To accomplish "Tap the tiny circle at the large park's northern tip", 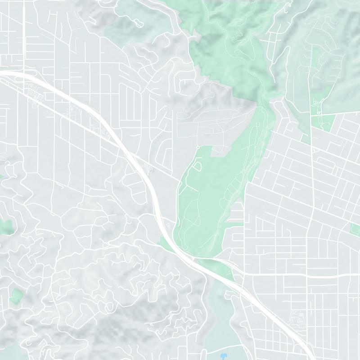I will pyautogui.click(x=198, y=147).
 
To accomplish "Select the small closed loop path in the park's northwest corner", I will pyautogui.click(x=198, y=166).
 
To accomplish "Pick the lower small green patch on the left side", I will pyautogui.click(x=16, y=296).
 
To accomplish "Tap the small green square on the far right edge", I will pyautogui.click(x=355, y=229).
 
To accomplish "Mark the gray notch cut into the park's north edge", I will pyautogui.click(x=220, y=151).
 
